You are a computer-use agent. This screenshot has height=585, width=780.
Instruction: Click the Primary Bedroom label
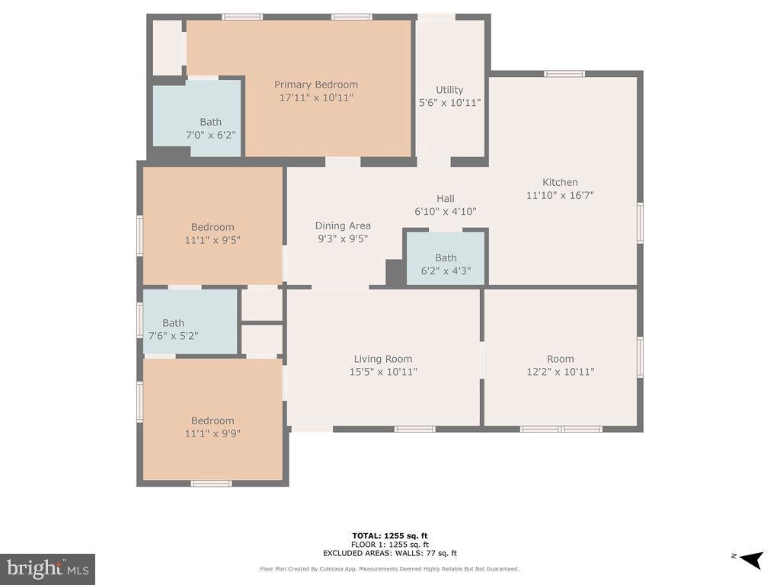pyautogui.click(x=316, y=85)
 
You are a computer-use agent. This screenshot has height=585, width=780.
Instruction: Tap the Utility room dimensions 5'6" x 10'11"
pyautogui.click(x=449, y=103)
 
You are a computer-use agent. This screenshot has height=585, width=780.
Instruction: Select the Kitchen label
pyautogui.click(x=560, y=182)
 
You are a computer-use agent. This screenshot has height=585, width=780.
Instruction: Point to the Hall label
pyautogui.click(x=446, y=198)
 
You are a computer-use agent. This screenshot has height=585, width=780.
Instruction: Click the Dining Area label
pyautogui.click(x=343, y=225)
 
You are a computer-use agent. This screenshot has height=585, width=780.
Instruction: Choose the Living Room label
pyautogui.click(x=383, y=359)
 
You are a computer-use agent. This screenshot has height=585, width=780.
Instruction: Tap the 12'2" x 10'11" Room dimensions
pyautogui.click(x=561, y=372)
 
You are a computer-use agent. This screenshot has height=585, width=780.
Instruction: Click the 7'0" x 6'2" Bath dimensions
pyautogui.click(x=211, y=135)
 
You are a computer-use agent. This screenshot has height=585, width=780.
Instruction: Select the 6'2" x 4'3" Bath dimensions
pyautogui.click(x=446, y=270)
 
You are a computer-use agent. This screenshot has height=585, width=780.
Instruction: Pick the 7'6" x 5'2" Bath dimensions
pyautogui.click(x=174, y=336)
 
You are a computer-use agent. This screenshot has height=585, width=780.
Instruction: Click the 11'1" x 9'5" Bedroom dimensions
pyautogui.click(x=213, y=240)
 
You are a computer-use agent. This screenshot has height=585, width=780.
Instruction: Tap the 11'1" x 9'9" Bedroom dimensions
pyautogui.click(x=213, y=433)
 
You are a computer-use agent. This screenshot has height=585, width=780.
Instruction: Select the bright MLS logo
pyautogui.click(x=48, y=569)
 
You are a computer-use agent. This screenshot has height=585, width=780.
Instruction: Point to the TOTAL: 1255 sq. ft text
pyautogui.click(x=390, y=535)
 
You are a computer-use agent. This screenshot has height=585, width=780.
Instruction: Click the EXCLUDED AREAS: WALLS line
pyautogui.click(x=390, y=553)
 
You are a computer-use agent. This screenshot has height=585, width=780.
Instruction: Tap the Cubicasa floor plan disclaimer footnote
pyautogui.click(x=389, y=568)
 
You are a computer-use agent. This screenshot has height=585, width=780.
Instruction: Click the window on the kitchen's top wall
pyautogui.click(x=564, y=74)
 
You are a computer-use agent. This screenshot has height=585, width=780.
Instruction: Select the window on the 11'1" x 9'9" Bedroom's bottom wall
pyautogui.click(x=212, y=483)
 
